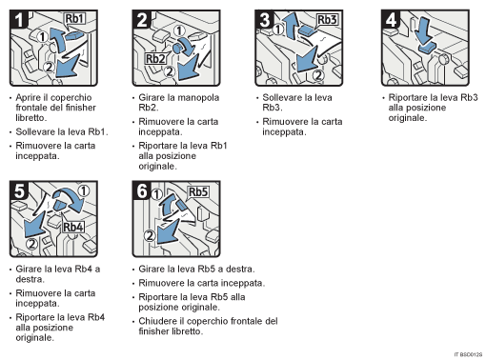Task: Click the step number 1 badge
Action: pos(15,20)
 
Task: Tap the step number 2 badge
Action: pos(141,20)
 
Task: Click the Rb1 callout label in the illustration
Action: pos(74,18)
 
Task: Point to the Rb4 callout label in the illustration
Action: pos(72,228)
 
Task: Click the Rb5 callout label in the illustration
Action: pos(198,191)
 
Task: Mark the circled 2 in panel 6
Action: pos(150,235)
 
